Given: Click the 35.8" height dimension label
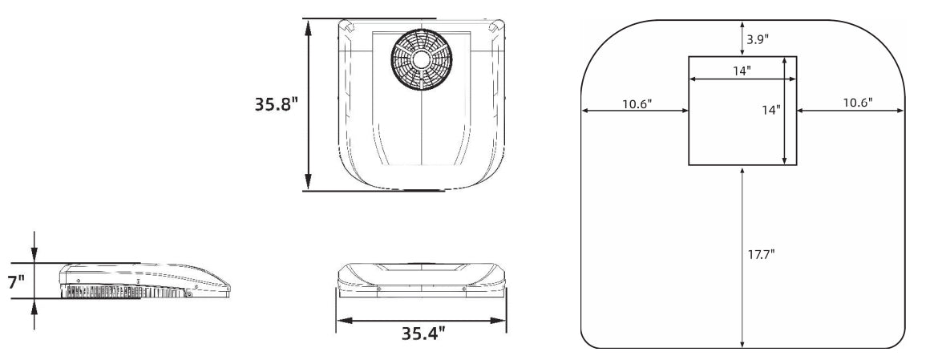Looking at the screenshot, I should [x=277, y=105].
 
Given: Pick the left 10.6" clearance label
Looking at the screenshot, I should [x=636, y=103].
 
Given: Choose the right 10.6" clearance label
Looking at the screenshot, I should [x=856, y=103].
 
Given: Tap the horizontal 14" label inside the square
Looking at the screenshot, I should [x=742, y=70].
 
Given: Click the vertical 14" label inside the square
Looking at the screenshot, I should [x=770, y=110].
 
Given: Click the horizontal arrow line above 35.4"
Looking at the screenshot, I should [x=421, y=320].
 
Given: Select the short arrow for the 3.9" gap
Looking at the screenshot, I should [x=743, y=38].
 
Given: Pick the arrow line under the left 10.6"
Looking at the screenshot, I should [x=635, y=111].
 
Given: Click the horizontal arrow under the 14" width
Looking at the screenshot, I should [x=742, y=79].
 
